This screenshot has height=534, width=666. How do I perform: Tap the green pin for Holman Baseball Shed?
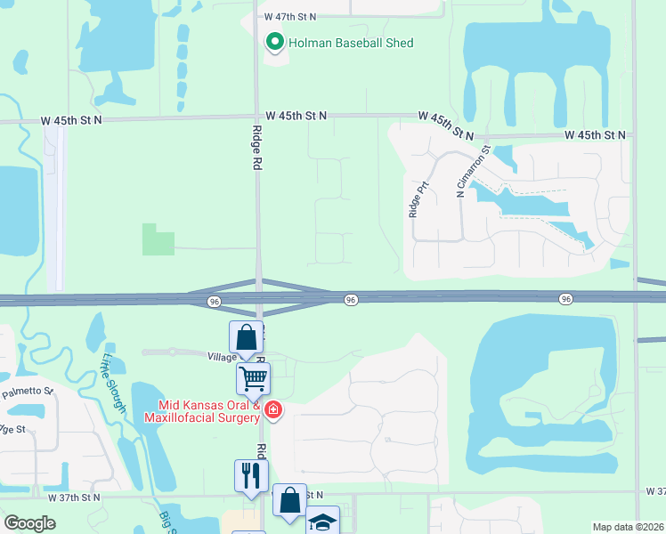point(275,42)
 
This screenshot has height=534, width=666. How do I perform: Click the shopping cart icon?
point(253,379)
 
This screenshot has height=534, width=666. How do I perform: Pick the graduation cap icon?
point(322,522)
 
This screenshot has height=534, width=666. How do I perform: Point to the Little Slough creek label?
point(115,382)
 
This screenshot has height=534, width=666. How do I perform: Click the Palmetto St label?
point(28,392)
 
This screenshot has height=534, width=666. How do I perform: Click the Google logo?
point(30,522)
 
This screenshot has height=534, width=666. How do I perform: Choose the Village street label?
point(222,356)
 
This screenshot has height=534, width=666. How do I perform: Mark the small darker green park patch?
point(158,239)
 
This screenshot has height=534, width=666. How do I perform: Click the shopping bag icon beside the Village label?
point(247,337)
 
